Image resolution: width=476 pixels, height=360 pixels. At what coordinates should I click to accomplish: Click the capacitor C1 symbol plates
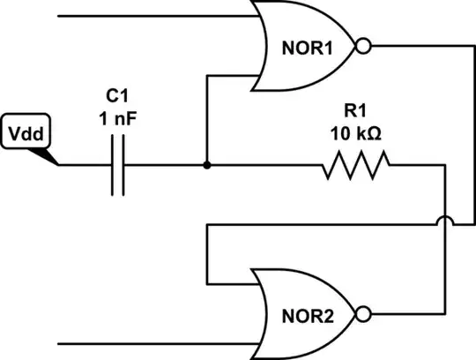[117, 165]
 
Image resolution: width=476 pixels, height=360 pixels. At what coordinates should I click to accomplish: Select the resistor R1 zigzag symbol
[355, 165]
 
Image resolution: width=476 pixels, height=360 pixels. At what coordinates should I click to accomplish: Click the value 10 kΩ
[355, 135]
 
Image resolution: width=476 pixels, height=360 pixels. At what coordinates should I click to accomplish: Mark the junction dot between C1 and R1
[206, 165]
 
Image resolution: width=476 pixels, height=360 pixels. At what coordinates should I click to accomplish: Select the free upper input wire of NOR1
[159, 16]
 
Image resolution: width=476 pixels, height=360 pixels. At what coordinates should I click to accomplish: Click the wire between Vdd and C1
[84, 165]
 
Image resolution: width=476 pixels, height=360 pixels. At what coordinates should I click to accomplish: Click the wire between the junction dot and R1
[264, 165]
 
